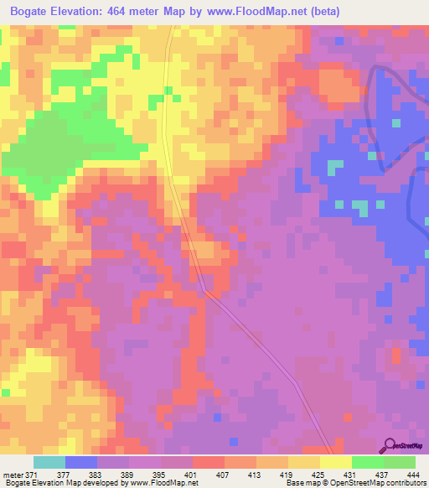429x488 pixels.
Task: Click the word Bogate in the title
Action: point(33,13)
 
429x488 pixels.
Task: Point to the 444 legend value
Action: point(414,474)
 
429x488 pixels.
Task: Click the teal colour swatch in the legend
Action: point(49,462)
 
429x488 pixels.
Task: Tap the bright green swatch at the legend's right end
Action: point(399,462)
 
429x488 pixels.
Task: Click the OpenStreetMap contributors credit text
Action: point(380,483)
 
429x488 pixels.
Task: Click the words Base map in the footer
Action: point(301,483)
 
